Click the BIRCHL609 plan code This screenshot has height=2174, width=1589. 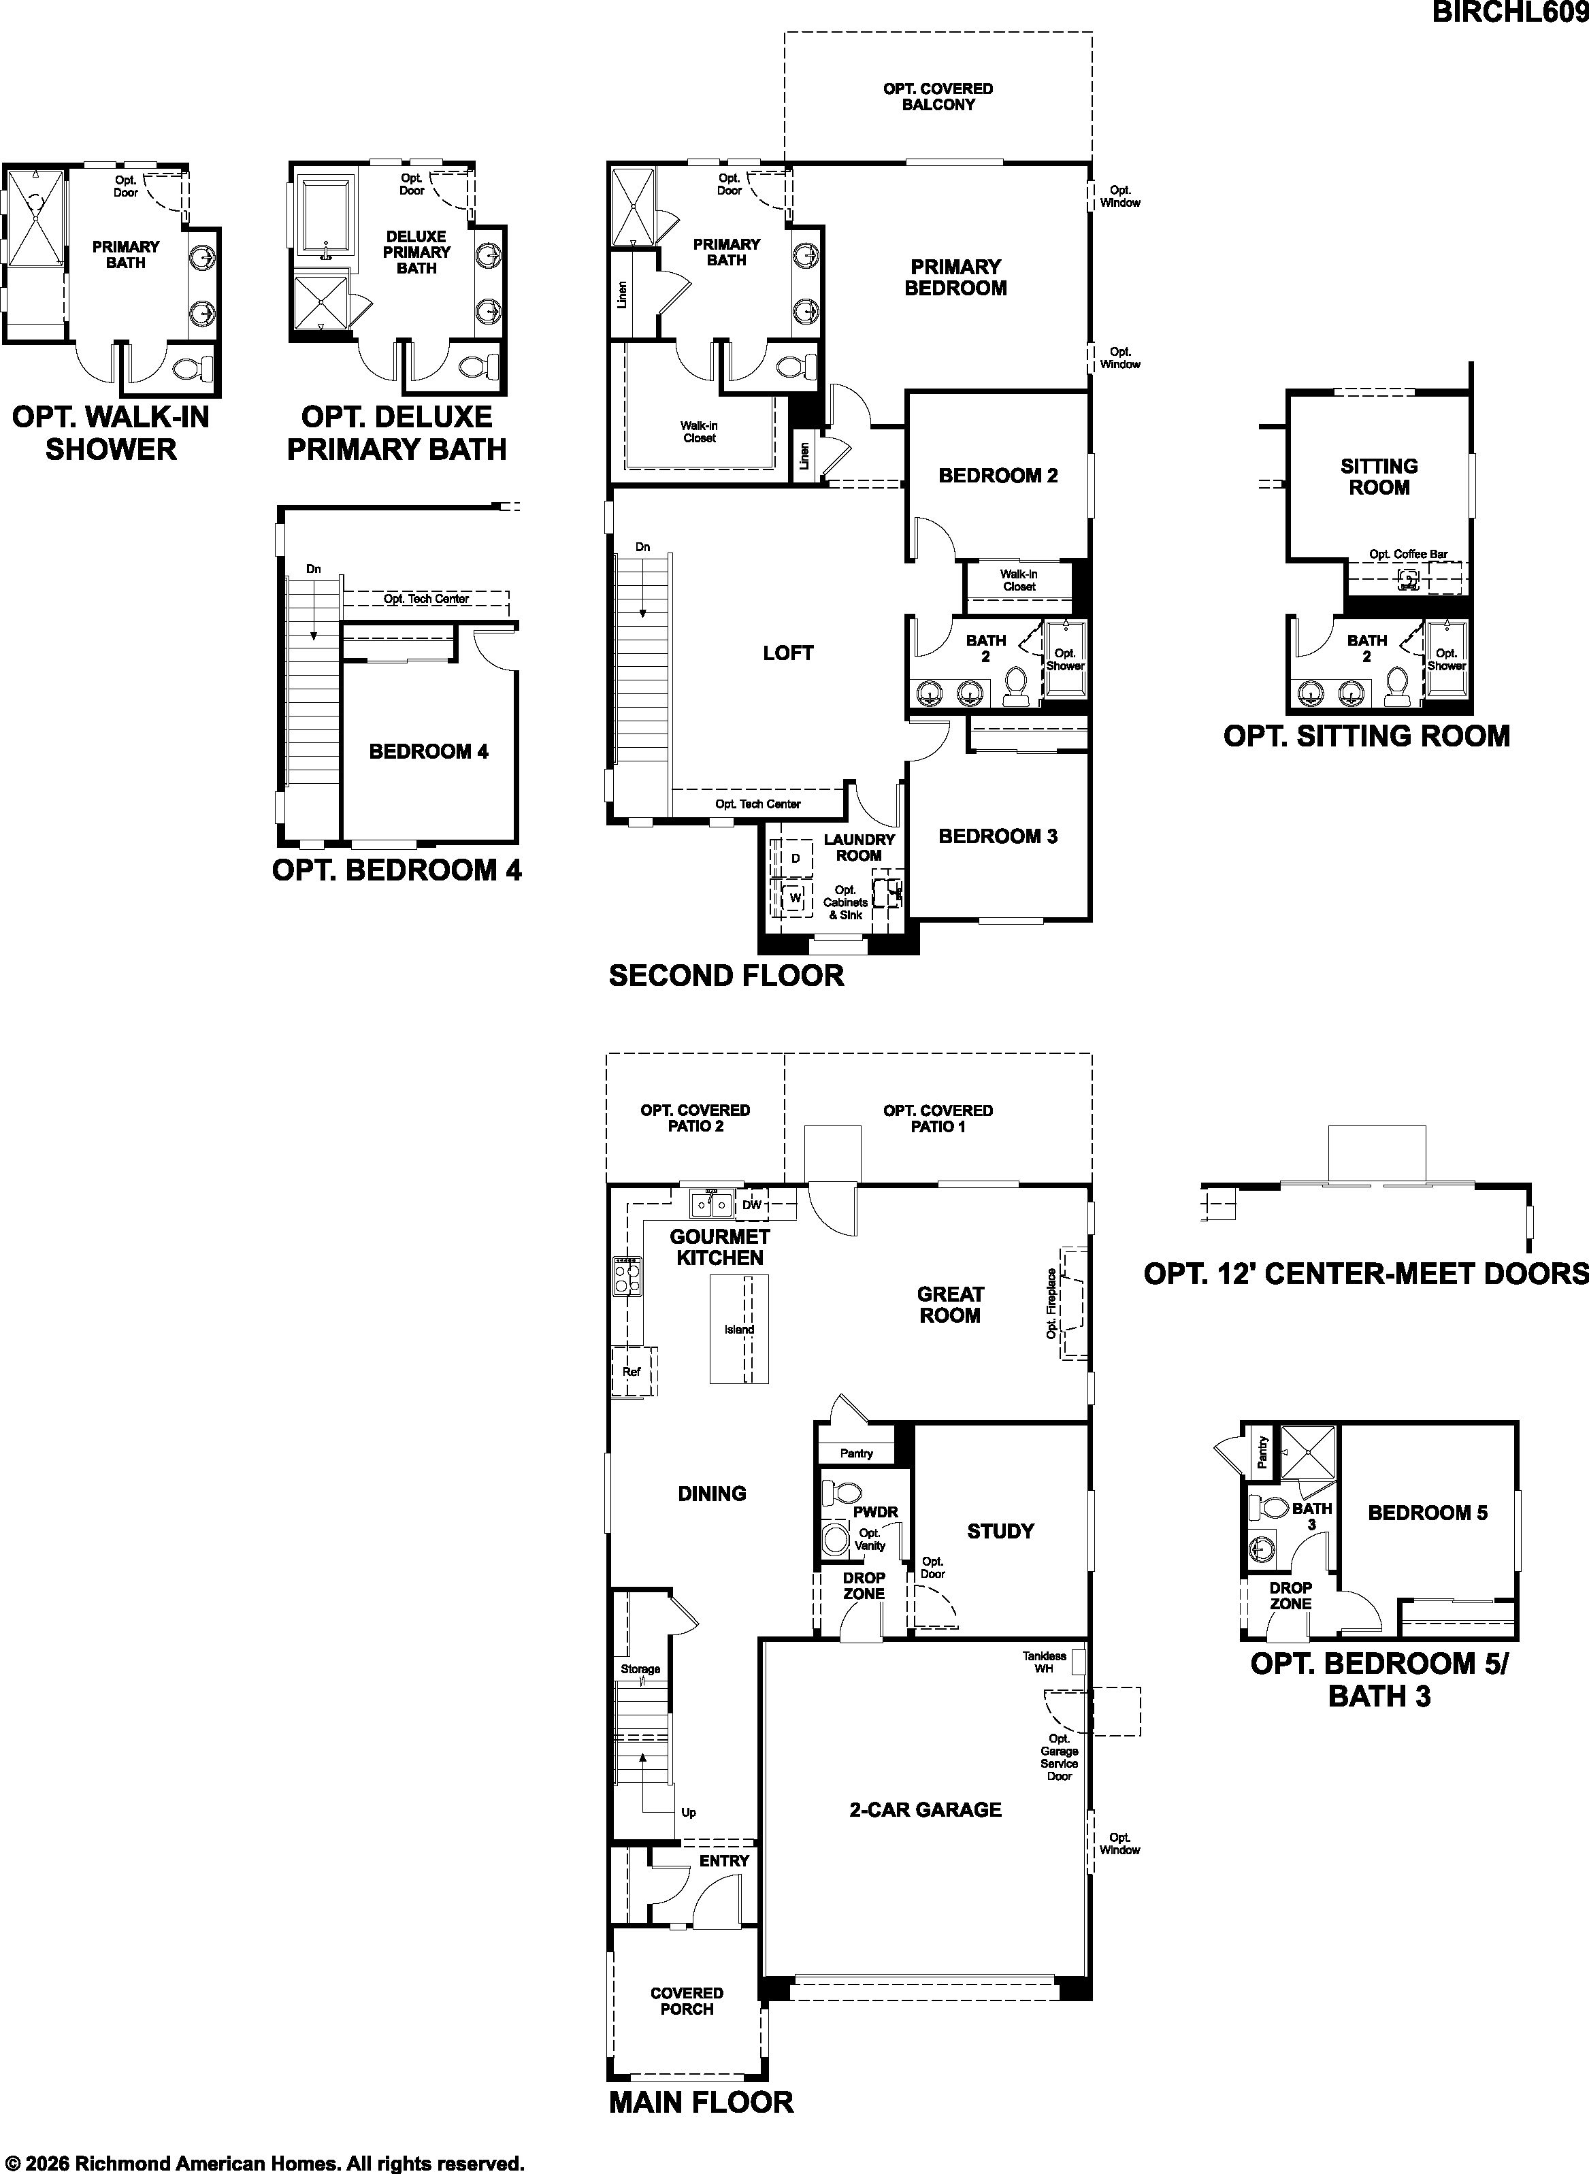click(x=1510, y=12)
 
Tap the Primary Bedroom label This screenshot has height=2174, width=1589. click(x=955, y=277)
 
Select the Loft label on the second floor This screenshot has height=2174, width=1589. click(x=788, y=653)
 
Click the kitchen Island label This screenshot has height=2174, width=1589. click(x=739, y=1330)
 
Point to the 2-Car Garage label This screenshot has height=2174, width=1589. click(x=925, y=1809)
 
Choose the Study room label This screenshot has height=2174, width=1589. click(x=1000, y=1531)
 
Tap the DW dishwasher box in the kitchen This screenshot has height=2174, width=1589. click(x=752, y=1205)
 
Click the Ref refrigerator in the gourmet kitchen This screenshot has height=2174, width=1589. click(x=632, y=1371)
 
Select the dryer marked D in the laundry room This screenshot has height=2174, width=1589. click(x=796, y=857)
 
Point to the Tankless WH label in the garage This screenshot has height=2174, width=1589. click(x=1045, y=1662)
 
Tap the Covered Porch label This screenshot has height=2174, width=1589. click(x=687, y=2002)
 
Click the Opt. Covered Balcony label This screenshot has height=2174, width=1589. click(x=938, y=96)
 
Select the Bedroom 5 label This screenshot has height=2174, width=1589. click(x=1428, y=1513)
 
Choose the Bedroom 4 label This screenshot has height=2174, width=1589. click(x=429, y=751)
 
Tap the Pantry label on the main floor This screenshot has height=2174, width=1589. click(x=856, y=1453)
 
